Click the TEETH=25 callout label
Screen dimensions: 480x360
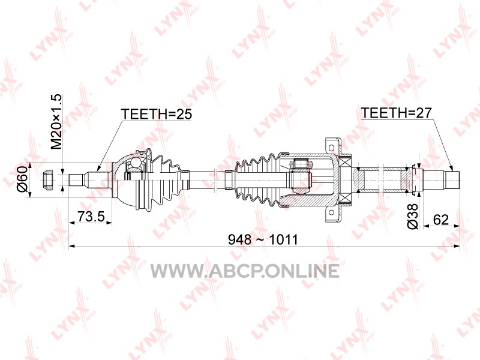156,114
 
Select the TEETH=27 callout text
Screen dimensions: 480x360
396,113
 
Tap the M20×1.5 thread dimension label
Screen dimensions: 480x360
56,122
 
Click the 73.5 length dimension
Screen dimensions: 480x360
91,217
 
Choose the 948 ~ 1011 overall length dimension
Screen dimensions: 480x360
263,239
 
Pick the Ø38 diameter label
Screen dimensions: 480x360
413,216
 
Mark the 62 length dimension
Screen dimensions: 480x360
441,220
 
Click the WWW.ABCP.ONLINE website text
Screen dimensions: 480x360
245,271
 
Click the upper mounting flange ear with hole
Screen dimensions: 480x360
332,146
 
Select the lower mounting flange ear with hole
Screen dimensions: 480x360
332,214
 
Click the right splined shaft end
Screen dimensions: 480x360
452,180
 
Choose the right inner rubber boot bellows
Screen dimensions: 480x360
258,179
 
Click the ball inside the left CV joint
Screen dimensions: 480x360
135,161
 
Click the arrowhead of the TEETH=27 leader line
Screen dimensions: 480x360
451,169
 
